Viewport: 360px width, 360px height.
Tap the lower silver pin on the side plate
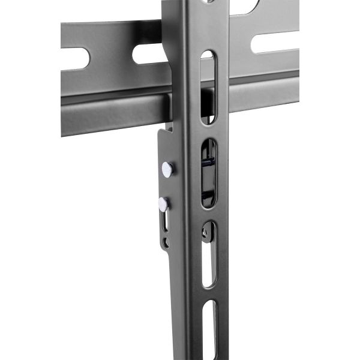click(162, 204)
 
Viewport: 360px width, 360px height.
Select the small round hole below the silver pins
click(167, 243)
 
